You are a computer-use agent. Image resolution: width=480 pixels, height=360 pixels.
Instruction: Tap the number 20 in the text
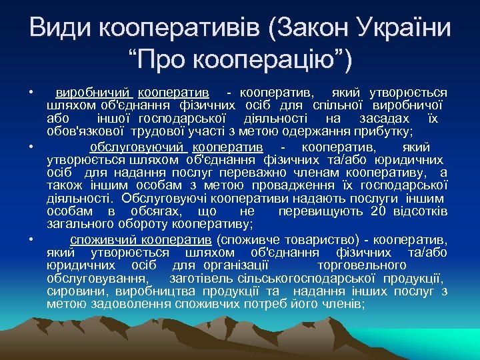coord(379,211)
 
